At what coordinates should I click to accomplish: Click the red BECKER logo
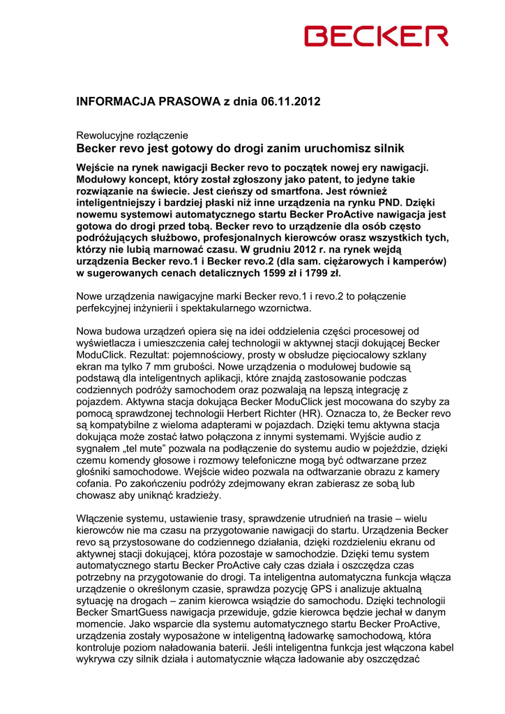point(377,36)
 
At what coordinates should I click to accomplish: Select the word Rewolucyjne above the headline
point(105,135)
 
